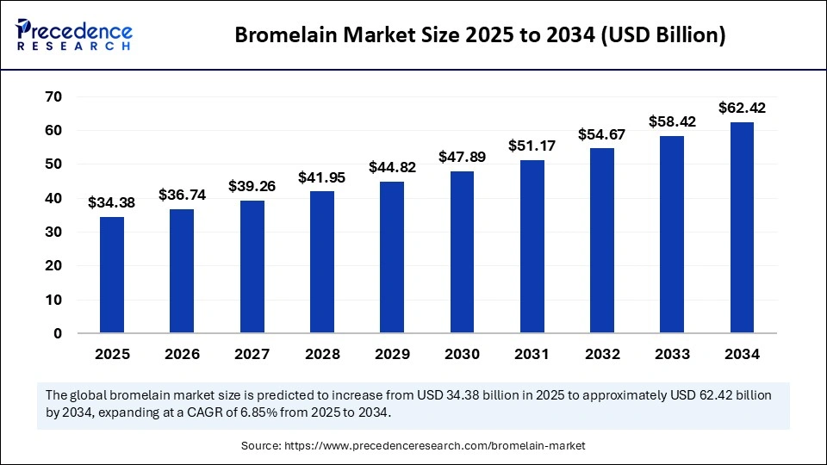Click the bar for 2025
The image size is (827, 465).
(x=112, y=275)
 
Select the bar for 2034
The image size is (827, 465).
(x=742, y=227)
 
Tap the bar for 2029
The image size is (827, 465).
(x=392, y=257)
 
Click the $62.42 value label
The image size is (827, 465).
(x=742, y=108)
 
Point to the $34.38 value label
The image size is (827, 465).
(x=112, y=203)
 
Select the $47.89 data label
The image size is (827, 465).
(x=462, y=158)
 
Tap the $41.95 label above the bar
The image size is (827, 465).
(x=322, y=177)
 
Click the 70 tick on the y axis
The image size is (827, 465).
(x=53, y=96)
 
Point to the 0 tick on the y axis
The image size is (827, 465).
(x=58, y=333)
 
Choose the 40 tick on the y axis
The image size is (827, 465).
(x=53, y=198)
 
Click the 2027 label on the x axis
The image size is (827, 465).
(x=252, y=354)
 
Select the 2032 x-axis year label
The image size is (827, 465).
(x=602, y=354)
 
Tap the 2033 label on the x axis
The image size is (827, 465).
(x=672, y=354)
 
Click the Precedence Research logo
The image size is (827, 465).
(x=73, y=34)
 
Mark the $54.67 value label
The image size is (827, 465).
(x=602, y=134)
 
